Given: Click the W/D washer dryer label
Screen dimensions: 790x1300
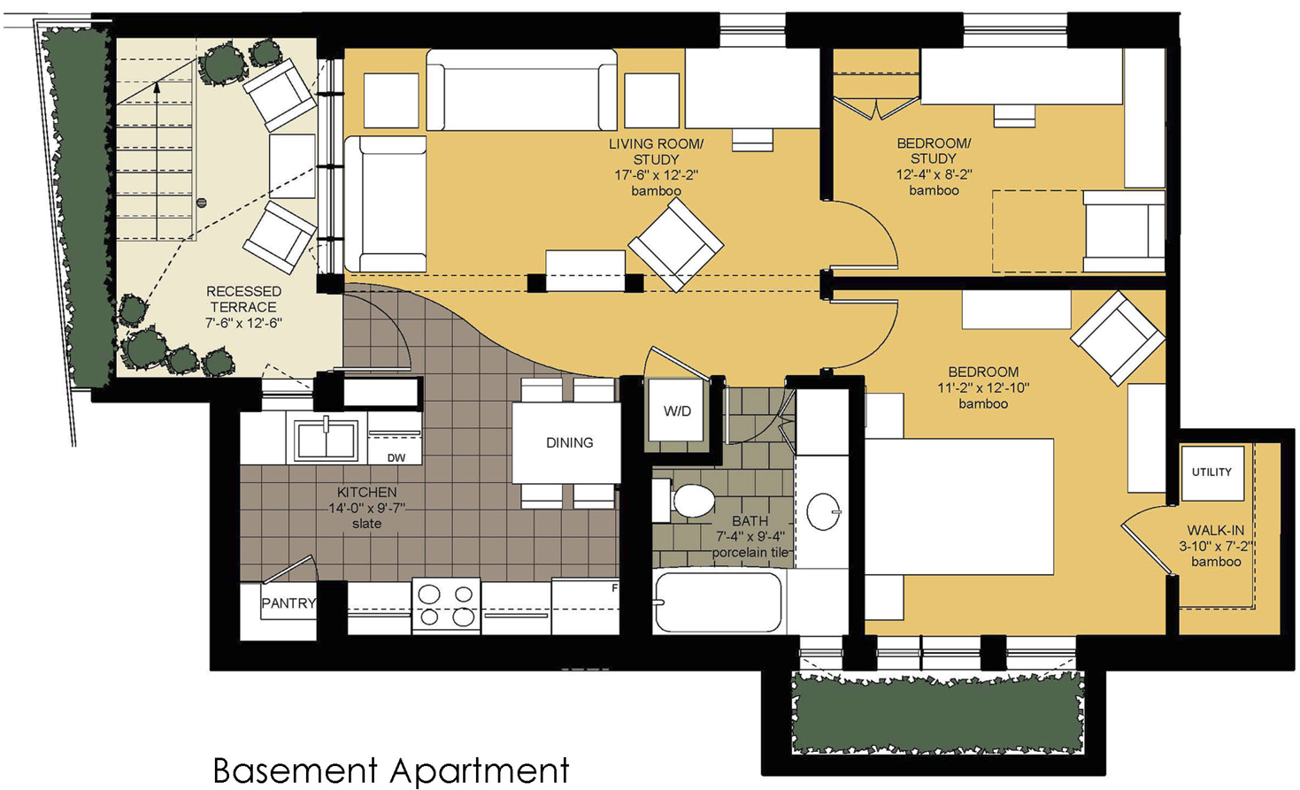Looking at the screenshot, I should tap(677, 411).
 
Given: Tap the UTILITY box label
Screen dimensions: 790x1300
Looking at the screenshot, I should tap(1211, 472).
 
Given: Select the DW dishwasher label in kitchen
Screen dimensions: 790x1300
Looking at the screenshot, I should tap(396, 457).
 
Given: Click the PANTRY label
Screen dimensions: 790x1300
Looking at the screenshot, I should tap(288, 603).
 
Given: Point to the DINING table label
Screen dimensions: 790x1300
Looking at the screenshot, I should tap(569, 442).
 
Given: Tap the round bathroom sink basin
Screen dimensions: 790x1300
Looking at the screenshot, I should tap(824, 511).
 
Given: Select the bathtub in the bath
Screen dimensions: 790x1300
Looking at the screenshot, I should tap(719, 602).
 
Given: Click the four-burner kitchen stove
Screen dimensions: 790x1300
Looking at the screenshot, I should tap(446, 606).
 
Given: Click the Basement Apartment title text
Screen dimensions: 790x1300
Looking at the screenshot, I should tap(390, 770).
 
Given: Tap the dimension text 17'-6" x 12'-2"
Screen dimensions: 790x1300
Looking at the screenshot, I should tap(656, 175).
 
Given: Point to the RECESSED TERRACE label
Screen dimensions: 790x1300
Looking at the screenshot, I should tap(243, 299).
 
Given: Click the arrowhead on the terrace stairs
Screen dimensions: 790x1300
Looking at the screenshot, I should tap(157, 87).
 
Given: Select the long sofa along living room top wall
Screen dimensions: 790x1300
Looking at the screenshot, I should tap(521, 91).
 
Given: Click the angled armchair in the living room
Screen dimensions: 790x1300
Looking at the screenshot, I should tap(675, 243).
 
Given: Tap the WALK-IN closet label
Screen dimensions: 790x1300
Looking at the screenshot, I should tap(1215, 530).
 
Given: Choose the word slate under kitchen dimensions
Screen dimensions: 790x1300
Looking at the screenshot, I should tap(366, 524).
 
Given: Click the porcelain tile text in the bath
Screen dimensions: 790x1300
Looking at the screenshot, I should tap(750, 553).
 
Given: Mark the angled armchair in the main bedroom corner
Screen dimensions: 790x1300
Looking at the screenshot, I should tap(1117, 337).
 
